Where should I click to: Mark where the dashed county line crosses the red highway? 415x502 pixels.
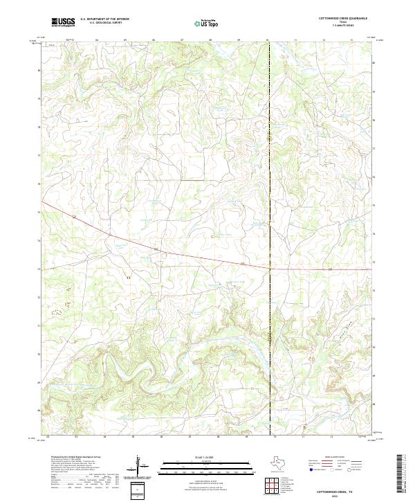[269, 267]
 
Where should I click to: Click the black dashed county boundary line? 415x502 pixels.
[269, 173]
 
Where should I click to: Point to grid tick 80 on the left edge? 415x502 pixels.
[39, 70]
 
